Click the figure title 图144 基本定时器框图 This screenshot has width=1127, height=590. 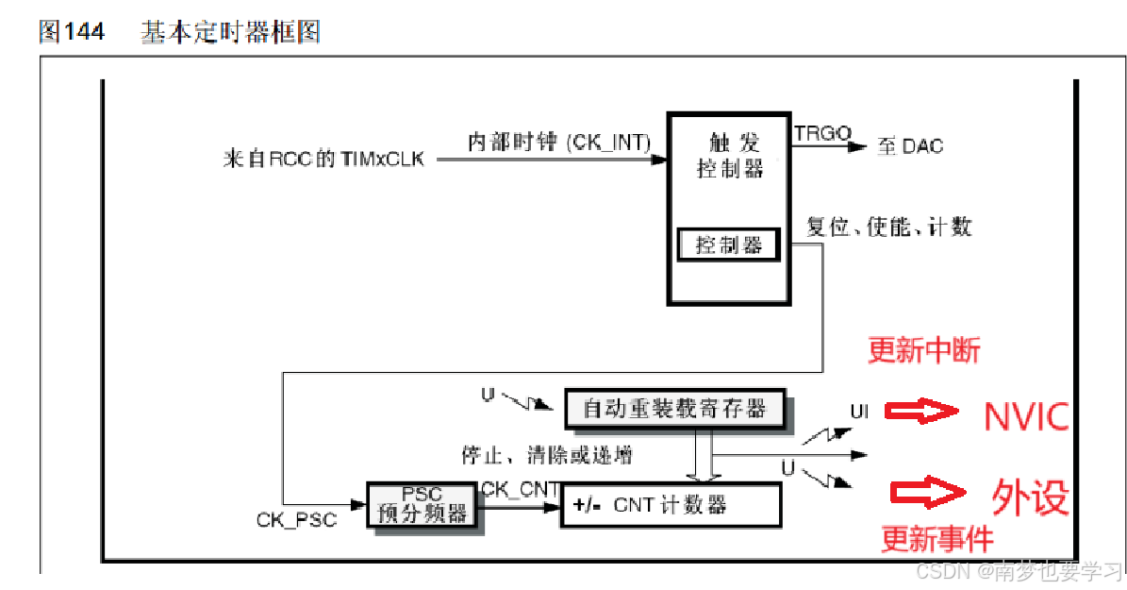tap(179, 32)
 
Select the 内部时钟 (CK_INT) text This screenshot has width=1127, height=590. tap(559, 142)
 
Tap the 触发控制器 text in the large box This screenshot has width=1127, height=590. tap(729, 156)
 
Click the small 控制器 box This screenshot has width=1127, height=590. tap(729, 245)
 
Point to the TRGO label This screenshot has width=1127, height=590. tap(822, 133)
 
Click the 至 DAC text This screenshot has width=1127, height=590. tap(909, 146)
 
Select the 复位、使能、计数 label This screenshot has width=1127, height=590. tap(889, 227)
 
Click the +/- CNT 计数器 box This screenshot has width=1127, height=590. tap(671, 505)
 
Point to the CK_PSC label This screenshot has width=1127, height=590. tap(296, 520)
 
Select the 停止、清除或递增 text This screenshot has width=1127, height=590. tap(547, 455)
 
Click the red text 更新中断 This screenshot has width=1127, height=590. tap(924, 351)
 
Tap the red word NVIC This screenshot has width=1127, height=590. tap(1026, 415)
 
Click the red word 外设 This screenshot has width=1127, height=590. tap(1030, 496)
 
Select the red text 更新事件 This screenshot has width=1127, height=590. tap(936, 539)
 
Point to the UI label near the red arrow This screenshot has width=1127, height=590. tap(859, 412)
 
